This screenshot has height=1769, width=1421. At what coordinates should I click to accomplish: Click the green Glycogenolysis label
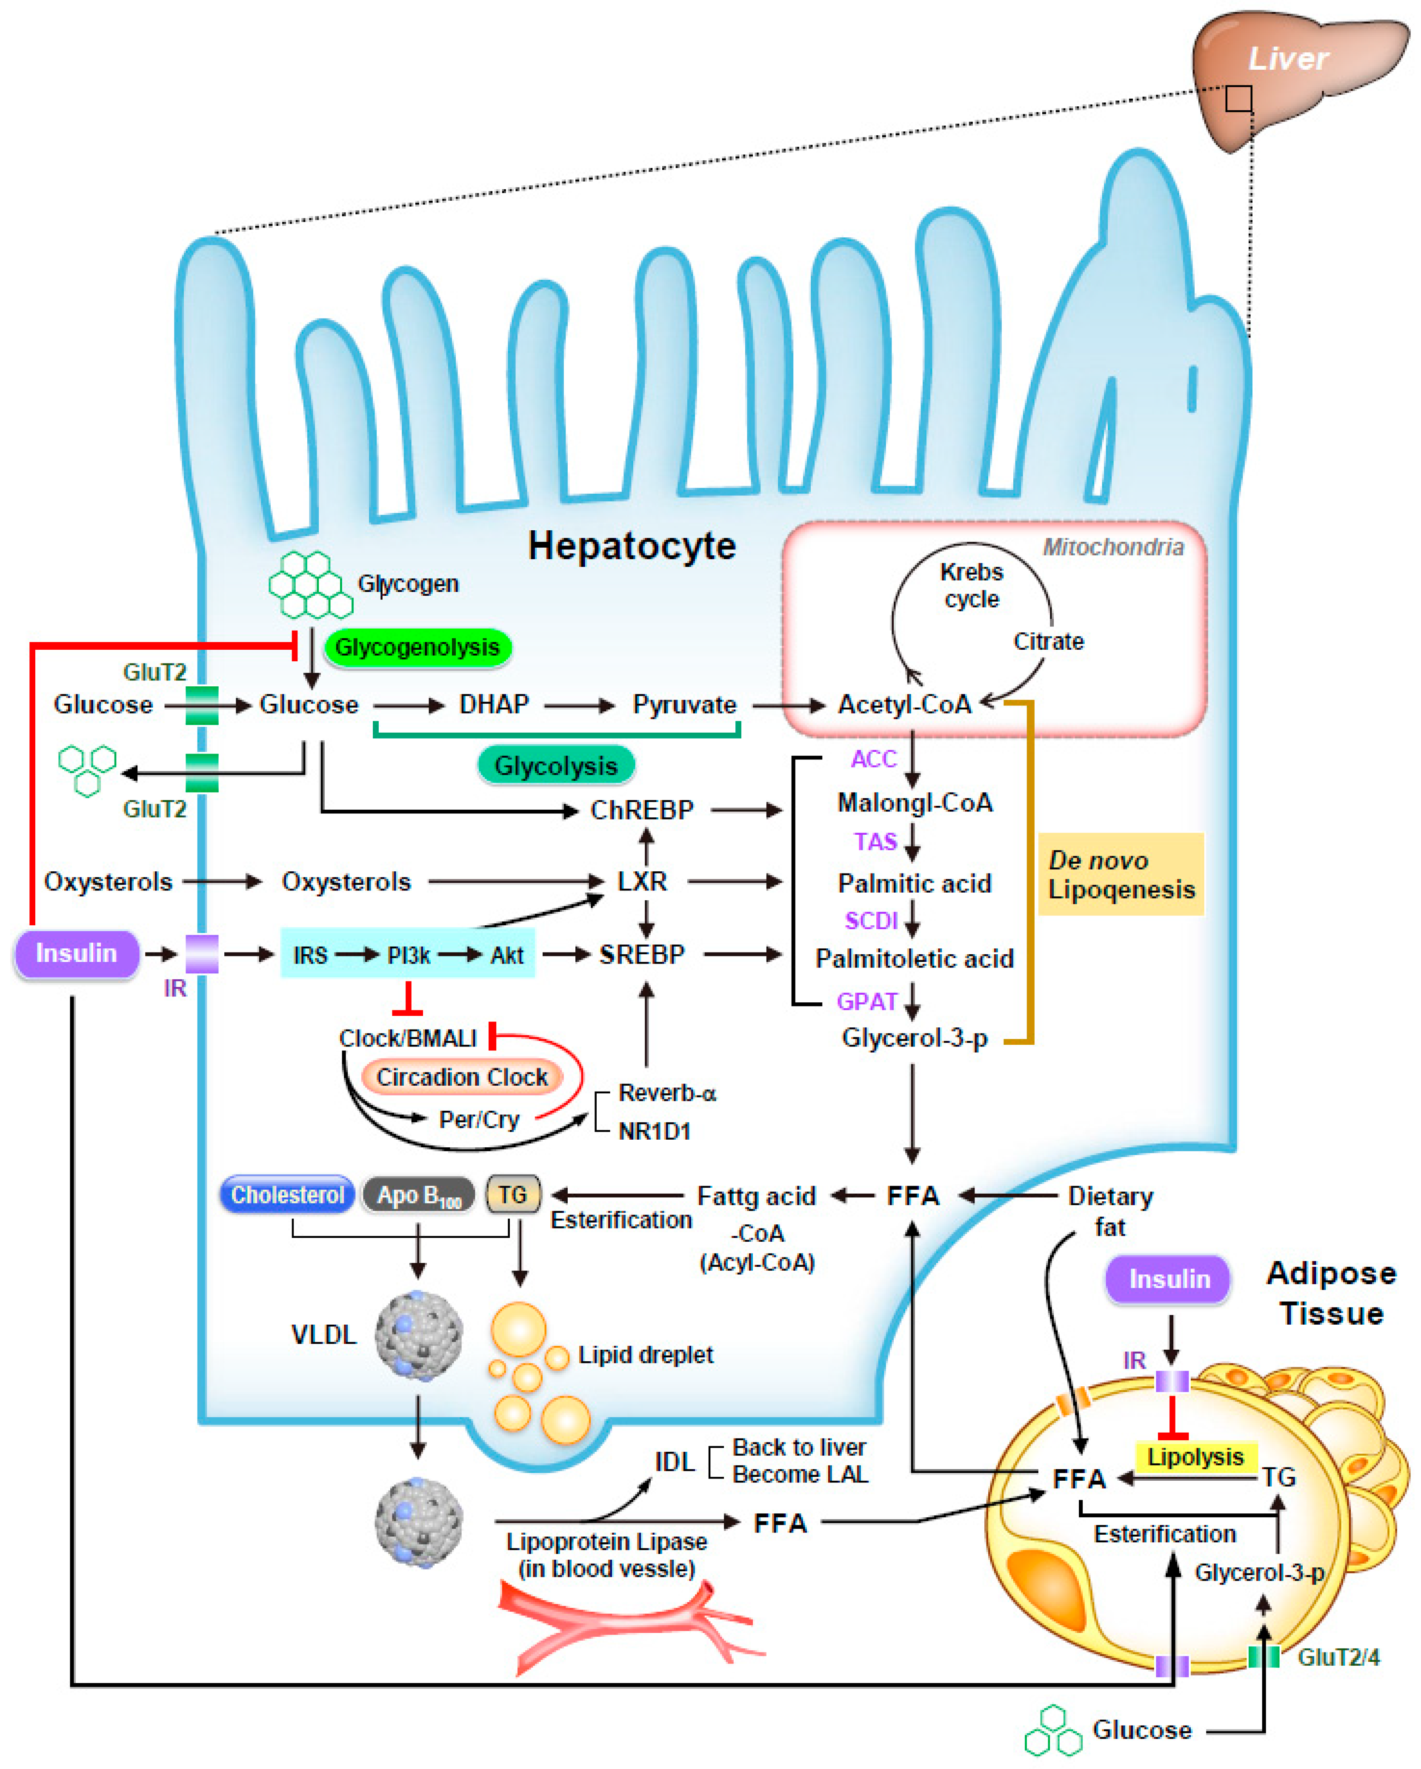(x=418, y=647)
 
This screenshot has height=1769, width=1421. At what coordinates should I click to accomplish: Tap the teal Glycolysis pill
(x=556, y=765)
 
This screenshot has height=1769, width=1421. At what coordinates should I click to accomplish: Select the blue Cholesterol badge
(x=287, y=1195)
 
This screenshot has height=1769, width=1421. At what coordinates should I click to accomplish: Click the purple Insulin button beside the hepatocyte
(x=76, y=953)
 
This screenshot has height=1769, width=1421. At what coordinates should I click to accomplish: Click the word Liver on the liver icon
(x=1287, y=58)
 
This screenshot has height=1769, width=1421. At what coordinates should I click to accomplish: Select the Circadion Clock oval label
(x=462, y=1077)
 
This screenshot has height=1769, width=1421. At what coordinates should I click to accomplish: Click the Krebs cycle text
(x=971, y=585)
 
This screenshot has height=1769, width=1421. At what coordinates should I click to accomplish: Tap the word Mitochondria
(x=1113, y=547)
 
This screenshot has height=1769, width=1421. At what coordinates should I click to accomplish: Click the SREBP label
(x=642, y=954)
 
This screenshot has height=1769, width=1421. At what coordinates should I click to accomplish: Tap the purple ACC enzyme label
(x=873, y=759)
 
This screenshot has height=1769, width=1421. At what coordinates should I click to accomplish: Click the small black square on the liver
(x=1239, y=99)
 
